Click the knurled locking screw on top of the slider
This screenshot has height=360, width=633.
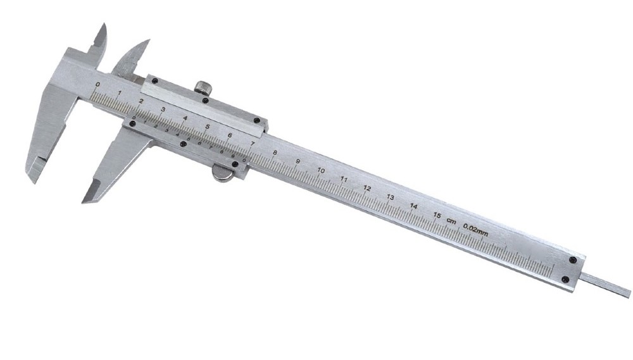(x=203, y=88)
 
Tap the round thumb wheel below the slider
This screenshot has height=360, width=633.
(x=222, y=173)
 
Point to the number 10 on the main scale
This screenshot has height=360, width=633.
(x=321, y=170)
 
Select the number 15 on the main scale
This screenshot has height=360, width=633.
(x=436, y=215)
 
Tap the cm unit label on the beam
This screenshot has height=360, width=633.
(x=451, y=220)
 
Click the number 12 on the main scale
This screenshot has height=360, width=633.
(x=367, y=188)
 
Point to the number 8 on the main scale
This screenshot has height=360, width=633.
(x=274, y=152)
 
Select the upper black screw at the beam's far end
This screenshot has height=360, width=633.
(x=573, y=259)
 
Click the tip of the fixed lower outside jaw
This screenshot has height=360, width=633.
(x=30, y=179)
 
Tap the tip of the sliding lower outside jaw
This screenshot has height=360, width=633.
(x=84, y=201)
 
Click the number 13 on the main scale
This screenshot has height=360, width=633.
(x=391, y=197)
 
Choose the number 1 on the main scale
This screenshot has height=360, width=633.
(x=118, y=92)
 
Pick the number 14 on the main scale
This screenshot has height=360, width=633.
(x=413, y=206)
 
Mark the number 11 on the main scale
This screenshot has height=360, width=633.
(x=344, y=179)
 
